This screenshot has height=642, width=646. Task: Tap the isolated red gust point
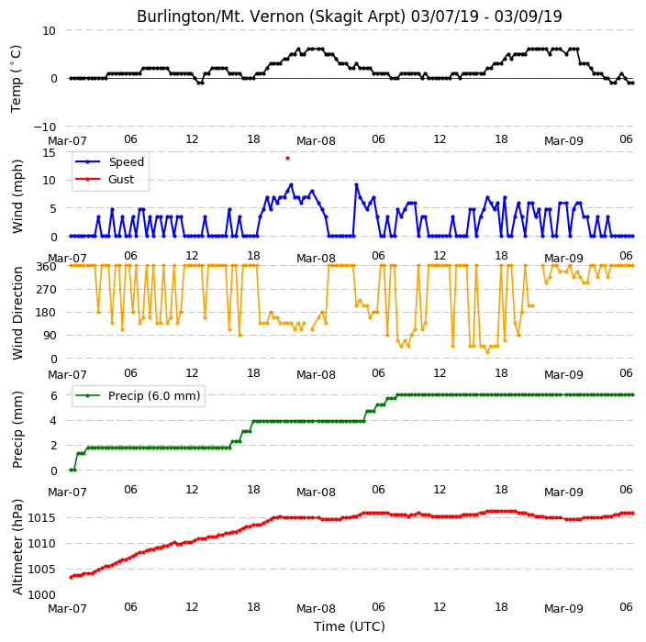tap(287, 158)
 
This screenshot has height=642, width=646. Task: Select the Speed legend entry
tap(109, 161)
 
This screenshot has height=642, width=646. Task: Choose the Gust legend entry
tap(105, 179)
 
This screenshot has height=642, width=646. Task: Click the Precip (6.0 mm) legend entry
tap(138, 395)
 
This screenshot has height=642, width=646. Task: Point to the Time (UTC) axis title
tap(350, 626)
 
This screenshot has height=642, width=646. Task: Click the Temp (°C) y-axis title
tap(17, 79)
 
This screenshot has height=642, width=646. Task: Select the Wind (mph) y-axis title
tap(17, 196)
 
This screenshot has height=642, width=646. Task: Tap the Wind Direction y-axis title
tap(17, 313)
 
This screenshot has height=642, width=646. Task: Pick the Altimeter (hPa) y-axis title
tap(17, 548)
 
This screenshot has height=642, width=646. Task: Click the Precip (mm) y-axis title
tap(17, 429)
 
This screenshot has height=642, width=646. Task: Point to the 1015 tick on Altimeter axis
tap(41, 517)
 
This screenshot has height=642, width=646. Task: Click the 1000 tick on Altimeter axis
tap(41, 594)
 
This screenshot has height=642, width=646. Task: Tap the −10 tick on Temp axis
tap(44, 127)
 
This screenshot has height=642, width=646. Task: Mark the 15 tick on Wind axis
tap(49, 153)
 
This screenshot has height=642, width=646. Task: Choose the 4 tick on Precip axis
tap(53, 420)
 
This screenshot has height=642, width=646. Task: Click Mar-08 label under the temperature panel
tap(316, 141)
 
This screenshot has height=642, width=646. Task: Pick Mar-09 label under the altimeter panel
tap(563, 608)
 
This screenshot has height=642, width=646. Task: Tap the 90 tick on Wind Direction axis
tap(50, 336)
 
